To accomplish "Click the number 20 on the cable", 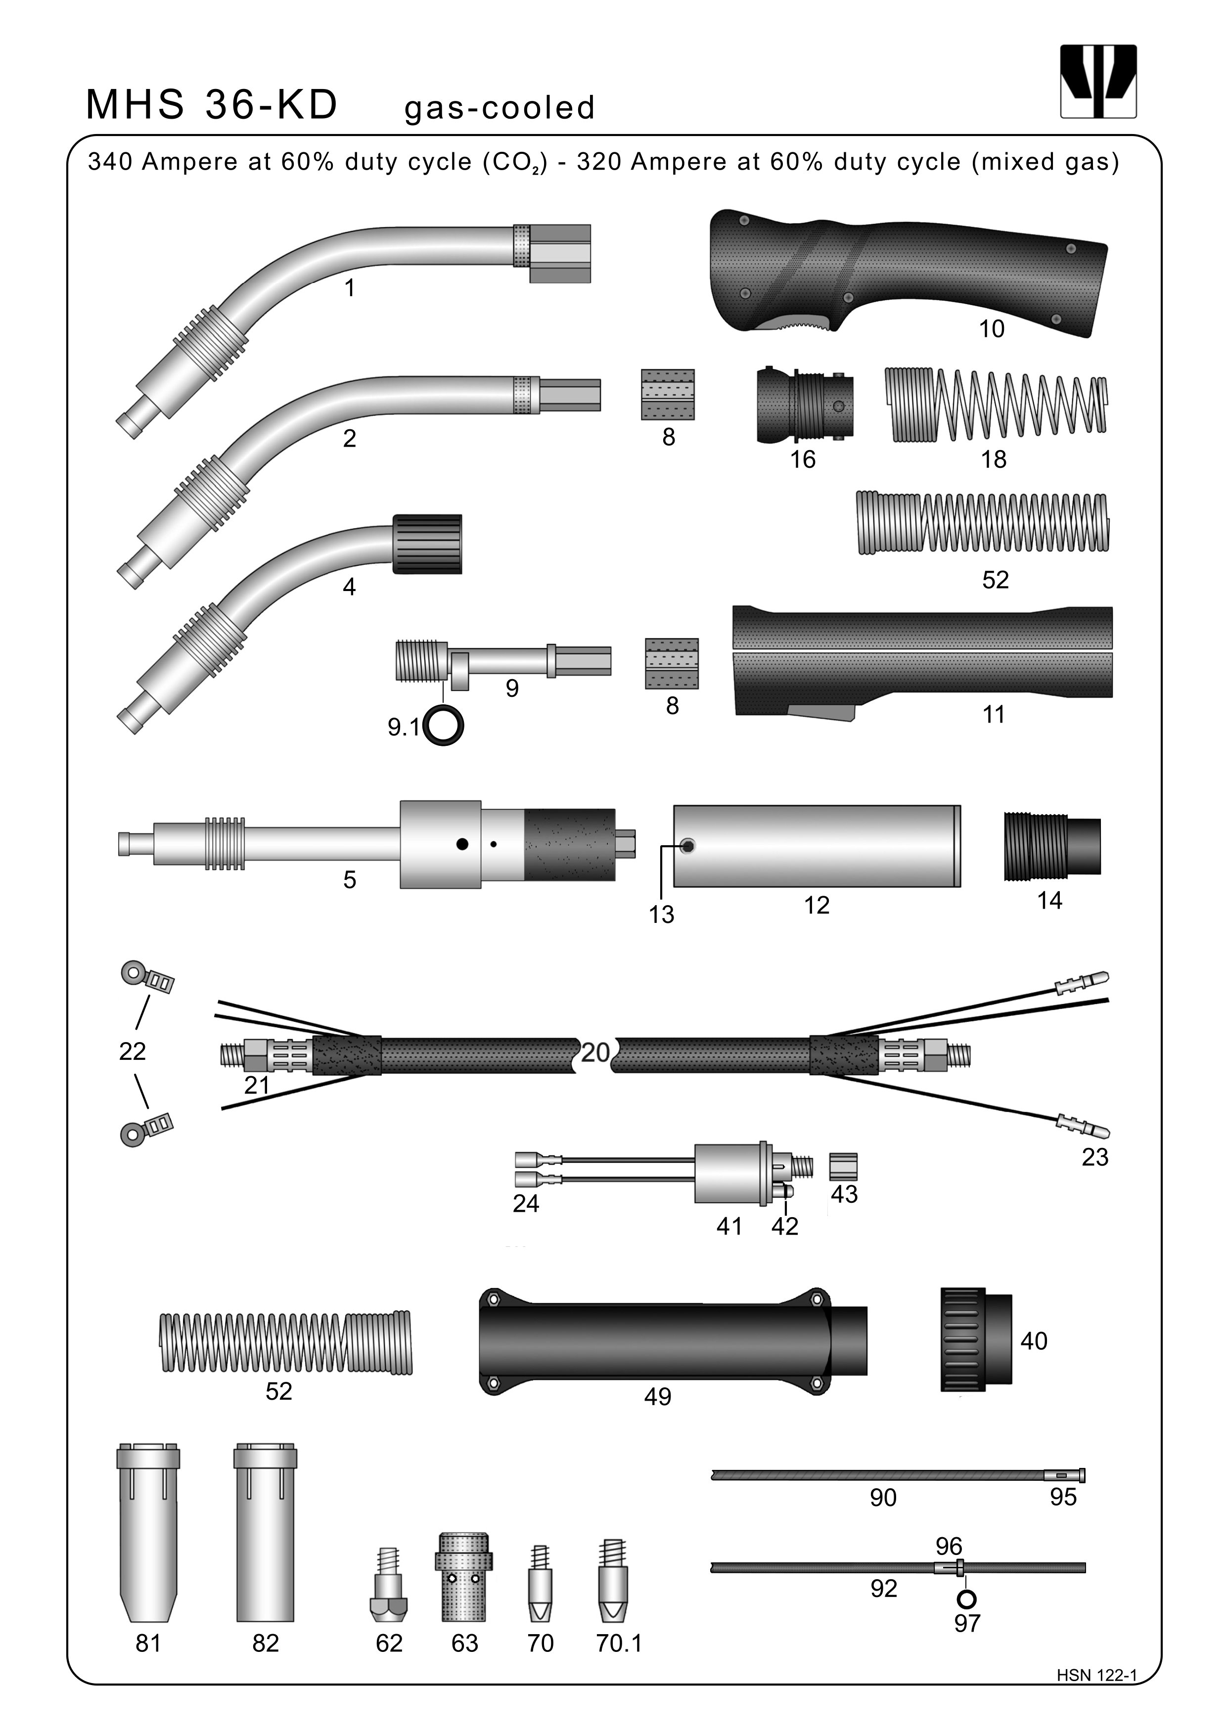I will [x=595, y=1052].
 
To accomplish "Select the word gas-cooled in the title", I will [x=500, y=108].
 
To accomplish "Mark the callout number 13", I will [x=661, y=914].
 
